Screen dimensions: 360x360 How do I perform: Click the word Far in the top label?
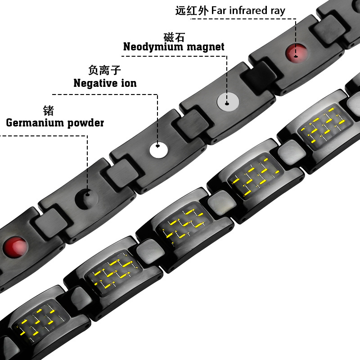click(x=219, y=10)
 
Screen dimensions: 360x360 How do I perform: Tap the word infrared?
click(x=248, y=10)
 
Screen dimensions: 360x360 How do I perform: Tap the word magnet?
click(x=209, y=47)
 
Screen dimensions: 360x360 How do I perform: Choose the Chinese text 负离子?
click(x=104, y=70)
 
